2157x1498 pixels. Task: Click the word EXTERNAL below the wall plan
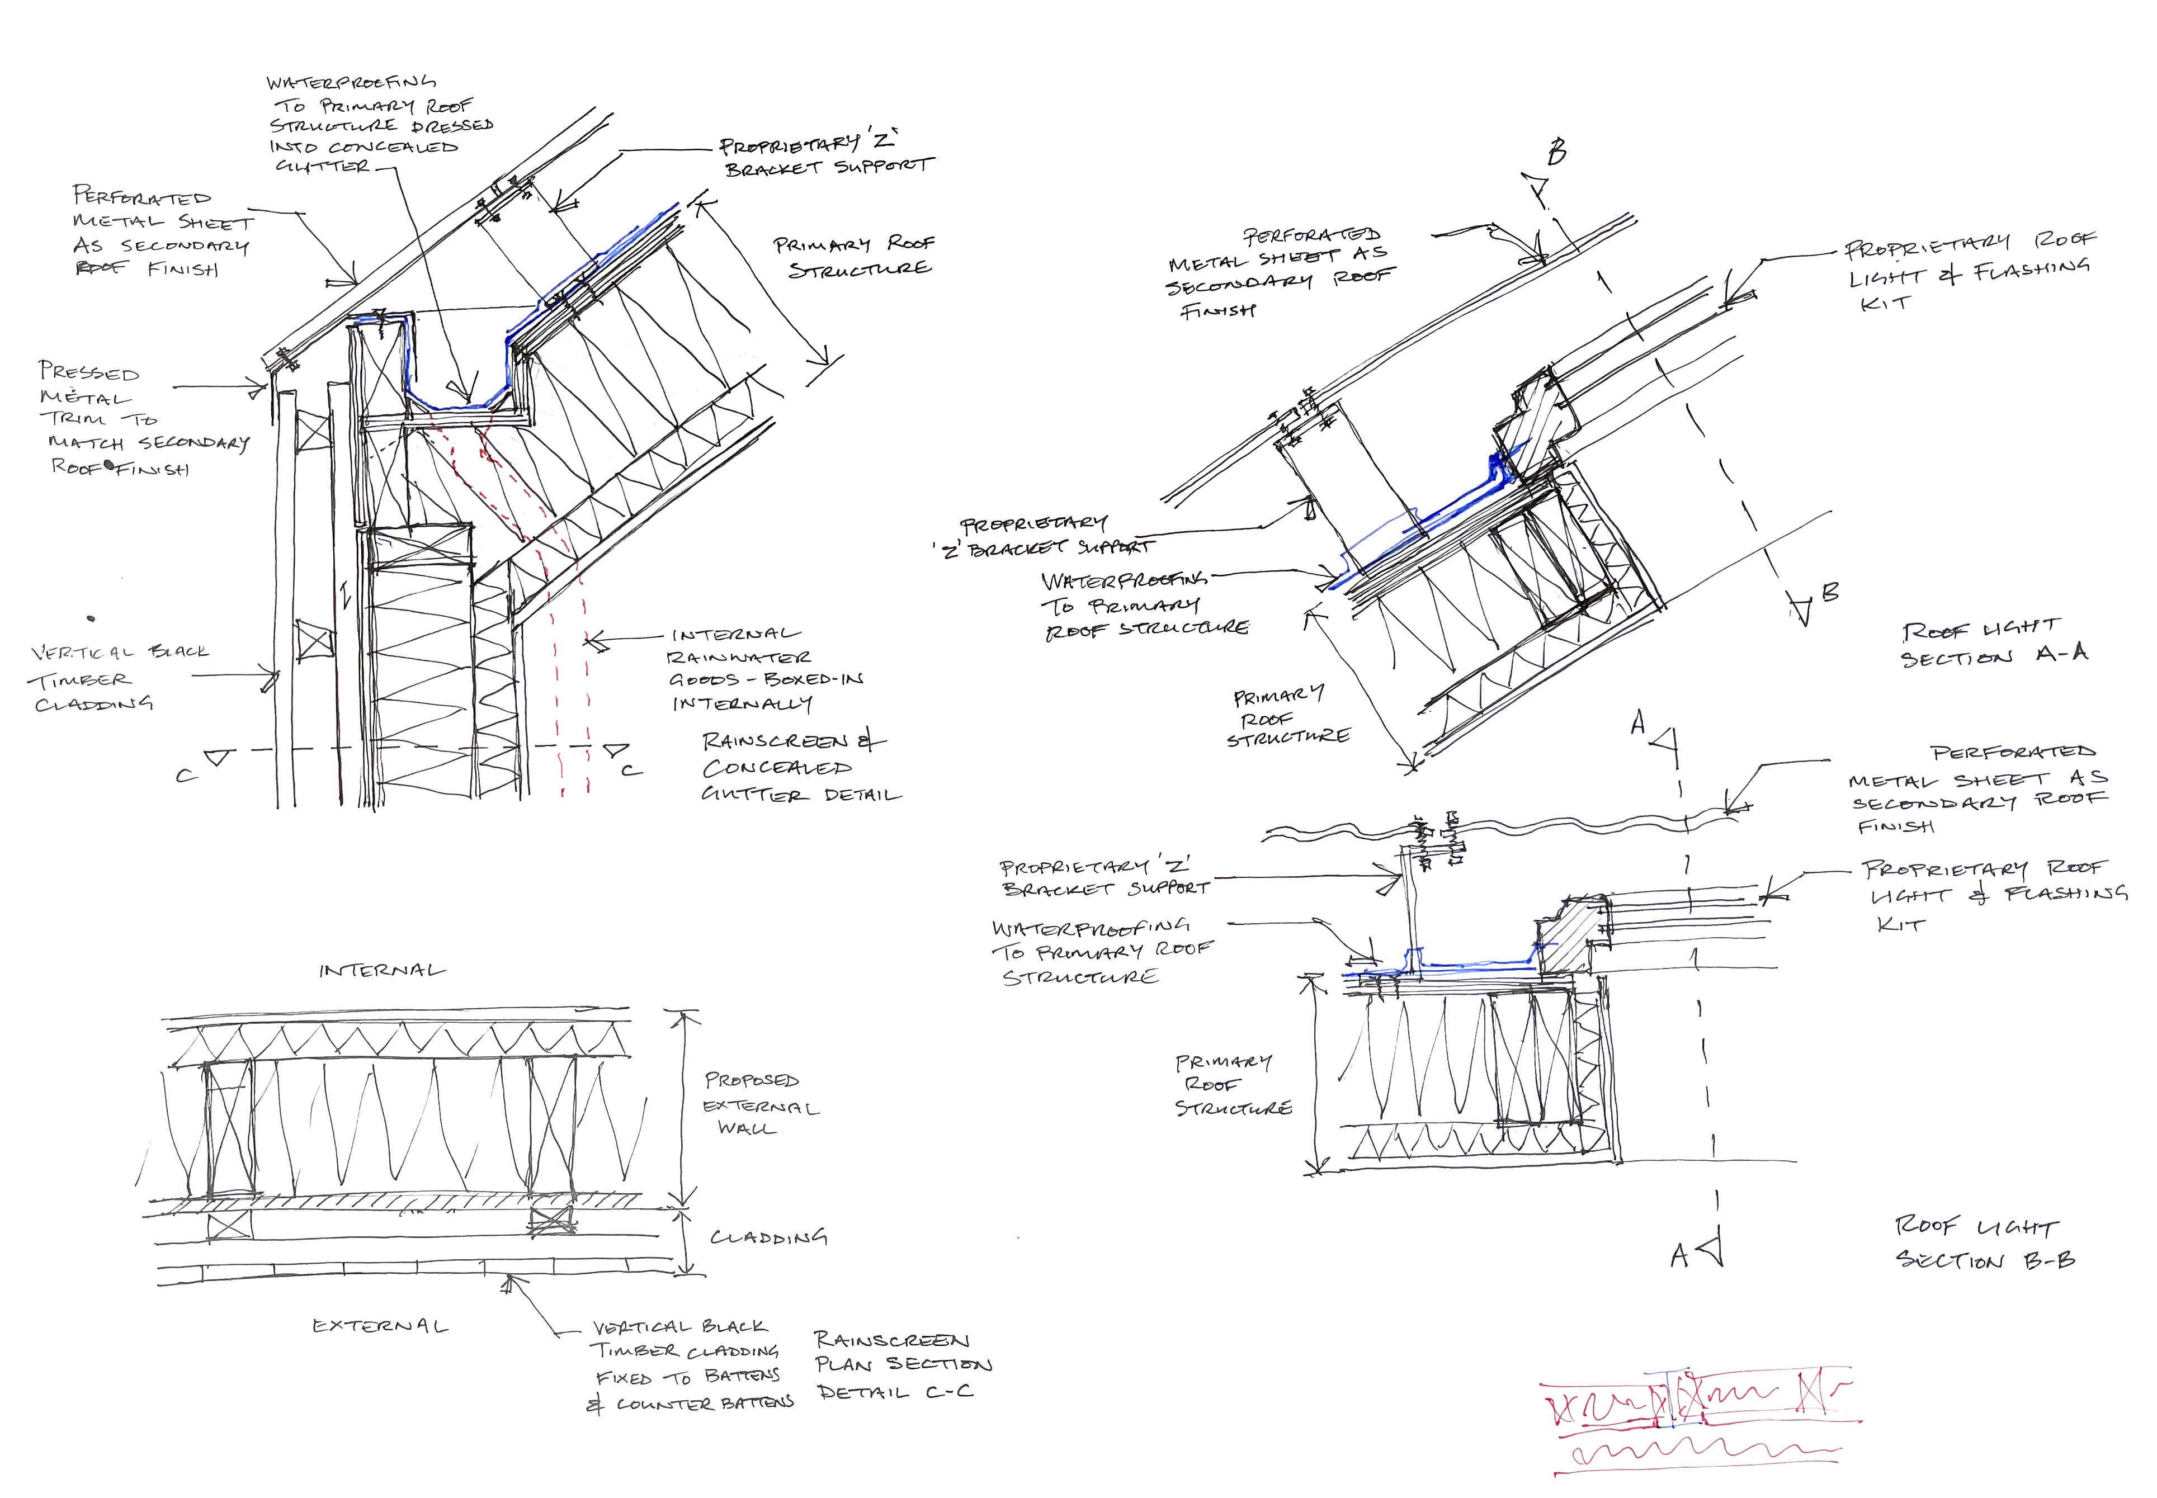click(x=380, y=1326)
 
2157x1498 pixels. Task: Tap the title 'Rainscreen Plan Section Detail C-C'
click(x=901, y=1365)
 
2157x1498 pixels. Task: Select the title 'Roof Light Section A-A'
click(x=1994, y=643)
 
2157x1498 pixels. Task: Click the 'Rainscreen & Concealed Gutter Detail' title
click(x=798, y=768)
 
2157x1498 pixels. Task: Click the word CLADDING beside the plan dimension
click(x=768, y=1237)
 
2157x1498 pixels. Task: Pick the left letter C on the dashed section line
click(x=185, y=775)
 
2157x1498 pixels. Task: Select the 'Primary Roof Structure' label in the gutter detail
click(x=852, y=256)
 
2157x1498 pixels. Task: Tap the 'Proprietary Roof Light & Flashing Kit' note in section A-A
click(x=1966, y=274)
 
